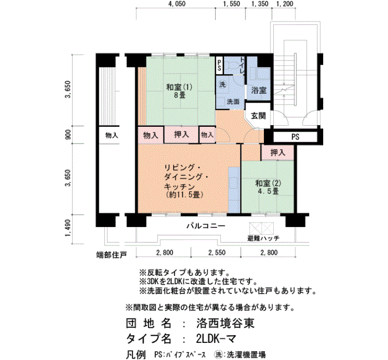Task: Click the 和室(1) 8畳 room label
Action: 179,91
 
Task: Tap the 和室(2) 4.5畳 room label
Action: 268,187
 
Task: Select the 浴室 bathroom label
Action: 259,90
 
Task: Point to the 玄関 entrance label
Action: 258,116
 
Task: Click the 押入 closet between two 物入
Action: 181,135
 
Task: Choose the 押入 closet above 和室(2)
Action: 278,152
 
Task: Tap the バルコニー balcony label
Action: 206,226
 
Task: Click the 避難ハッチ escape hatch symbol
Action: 262,228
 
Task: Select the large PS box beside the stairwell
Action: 295,137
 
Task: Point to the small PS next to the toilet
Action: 219,65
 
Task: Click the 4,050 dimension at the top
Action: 177,4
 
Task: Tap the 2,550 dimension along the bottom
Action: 217,253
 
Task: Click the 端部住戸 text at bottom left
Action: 111,255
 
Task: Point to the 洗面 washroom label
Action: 233,101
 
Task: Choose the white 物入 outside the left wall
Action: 111,135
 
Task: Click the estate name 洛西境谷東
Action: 226,323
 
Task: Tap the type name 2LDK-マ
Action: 216,339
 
